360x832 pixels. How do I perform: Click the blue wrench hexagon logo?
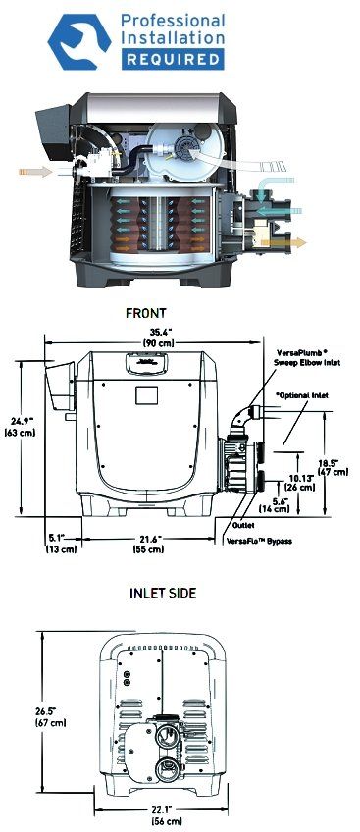(x=79, y=42)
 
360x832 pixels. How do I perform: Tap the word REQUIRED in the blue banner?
(x=173, y=59)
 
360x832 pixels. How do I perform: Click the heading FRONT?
(x=146, y=313)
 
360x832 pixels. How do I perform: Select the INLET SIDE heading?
(x=163, y=593)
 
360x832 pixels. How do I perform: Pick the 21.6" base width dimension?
(x=148, y=544)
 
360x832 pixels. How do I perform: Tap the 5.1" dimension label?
(x=61, y=544)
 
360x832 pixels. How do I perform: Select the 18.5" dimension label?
(x=333, y=466)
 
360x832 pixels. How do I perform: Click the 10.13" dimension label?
(x=300, y=483)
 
